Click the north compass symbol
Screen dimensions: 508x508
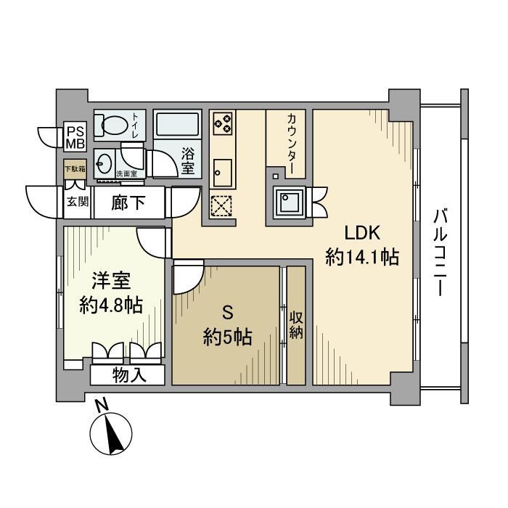(x=110, y=433)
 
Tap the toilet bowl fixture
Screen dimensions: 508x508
(x=114, y=126)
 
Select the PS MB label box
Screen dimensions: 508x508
(x=76, y=137)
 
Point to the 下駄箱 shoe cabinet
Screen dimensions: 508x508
(x=74, y=169)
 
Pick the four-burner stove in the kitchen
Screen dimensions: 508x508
(x=223, y=123)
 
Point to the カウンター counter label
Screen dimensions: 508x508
(x=292, y=143)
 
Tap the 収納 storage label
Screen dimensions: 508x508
(x=296, y=326)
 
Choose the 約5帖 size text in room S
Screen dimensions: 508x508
(x=226, y=337)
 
